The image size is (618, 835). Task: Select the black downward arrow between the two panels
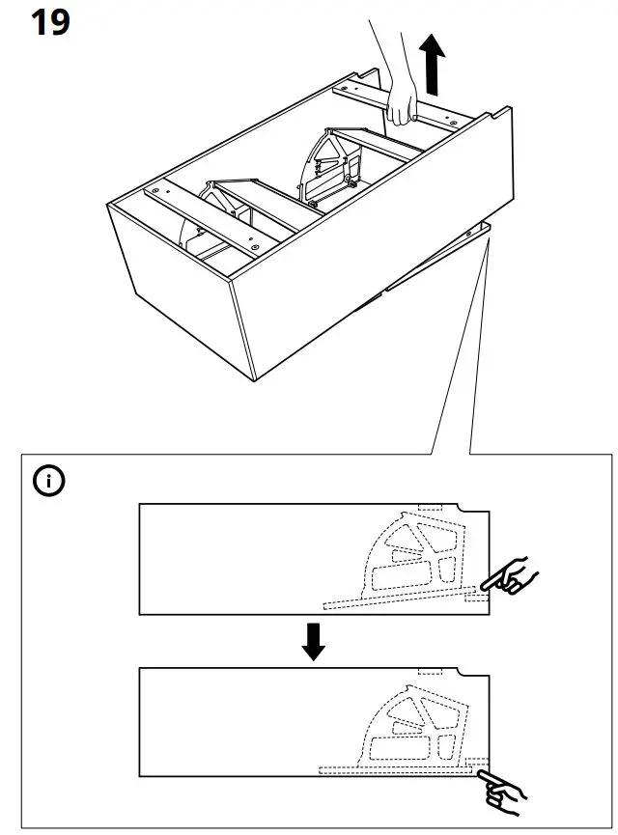[x=312, y=641]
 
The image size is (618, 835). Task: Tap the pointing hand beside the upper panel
[x=510, y=577]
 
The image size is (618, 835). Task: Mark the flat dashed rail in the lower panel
[x=396, y=768]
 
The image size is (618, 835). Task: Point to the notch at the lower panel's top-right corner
[x=473, y=674]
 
